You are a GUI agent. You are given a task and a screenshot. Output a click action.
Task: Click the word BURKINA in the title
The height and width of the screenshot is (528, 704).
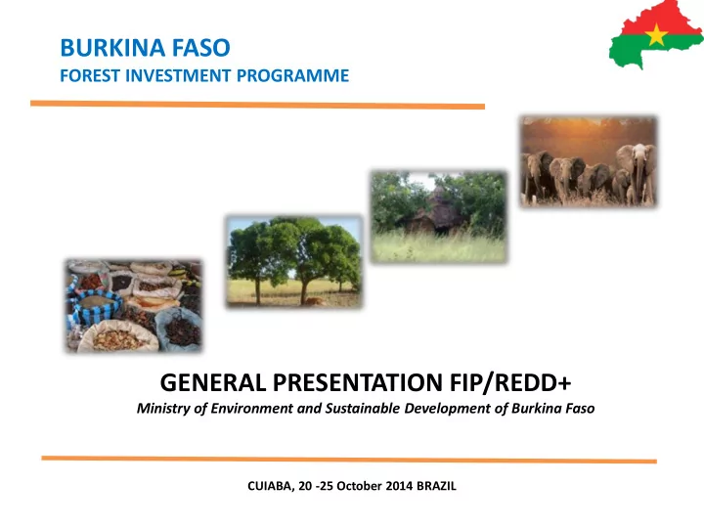[x=112, y=48]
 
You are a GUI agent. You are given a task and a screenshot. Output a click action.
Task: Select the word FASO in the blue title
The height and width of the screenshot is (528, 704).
[x=201, y=48]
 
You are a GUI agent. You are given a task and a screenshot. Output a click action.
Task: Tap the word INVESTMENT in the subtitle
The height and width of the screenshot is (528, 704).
[x=178, y=75]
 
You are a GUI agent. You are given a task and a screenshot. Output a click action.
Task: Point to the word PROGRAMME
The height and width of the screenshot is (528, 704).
[x=292, y=75]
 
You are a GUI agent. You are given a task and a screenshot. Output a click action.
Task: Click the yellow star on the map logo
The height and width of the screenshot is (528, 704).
[x=656, y=34]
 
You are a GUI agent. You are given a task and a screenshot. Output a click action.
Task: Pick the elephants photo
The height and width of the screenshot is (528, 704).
[x=589, y=161]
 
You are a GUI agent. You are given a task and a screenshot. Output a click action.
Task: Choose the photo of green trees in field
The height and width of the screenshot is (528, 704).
[x=294, y=262]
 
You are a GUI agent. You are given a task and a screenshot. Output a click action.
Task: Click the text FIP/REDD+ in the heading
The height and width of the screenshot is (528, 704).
[x=510, y=382]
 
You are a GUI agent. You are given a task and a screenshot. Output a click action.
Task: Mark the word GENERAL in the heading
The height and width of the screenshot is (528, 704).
[x=213, y=382]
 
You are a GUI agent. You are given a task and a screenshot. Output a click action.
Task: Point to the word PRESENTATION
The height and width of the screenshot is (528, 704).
[x=358, y=382]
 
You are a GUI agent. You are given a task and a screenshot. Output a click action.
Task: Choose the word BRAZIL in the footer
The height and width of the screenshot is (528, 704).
[x=436, y=486]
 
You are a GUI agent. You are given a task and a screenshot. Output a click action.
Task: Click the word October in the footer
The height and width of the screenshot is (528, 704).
[x=359, y=486]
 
